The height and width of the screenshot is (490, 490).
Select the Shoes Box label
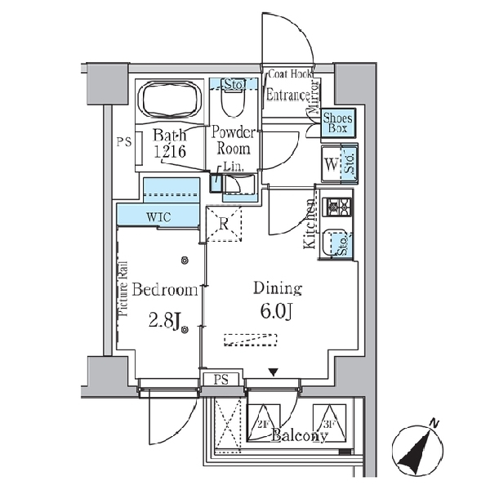[337, 122]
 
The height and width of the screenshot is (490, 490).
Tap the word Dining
[278, 288]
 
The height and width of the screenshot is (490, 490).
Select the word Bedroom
[165, 290]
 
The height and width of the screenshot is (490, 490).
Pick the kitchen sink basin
[332, 243]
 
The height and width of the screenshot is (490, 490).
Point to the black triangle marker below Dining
[274, 373]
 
